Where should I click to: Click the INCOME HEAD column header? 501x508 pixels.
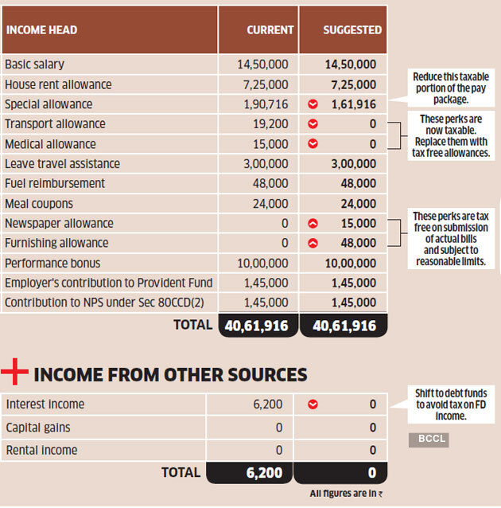pos(41,30)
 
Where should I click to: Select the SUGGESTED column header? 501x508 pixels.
pos(352,30)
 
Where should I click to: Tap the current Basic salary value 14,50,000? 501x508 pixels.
pos(263,64)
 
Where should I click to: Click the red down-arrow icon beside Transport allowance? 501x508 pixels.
pos(313,124)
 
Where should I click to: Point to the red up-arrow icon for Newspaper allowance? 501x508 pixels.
pos(313,224)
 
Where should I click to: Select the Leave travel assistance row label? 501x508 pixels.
pos(62,164)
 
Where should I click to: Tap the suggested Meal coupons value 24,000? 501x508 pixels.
pos(360,204)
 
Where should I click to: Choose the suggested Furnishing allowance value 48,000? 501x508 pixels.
pos(360,244)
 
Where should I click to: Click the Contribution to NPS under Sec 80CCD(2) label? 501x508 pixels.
pos(98,303)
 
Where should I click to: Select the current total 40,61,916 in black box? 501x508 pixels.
pos(258,326)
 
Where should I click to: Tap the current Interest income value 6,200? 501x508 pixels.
pos(268,404)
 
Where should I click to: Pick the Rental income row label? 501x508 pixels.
pos(41,451)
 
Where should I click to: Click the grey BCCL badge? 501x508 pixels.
pos(428,440)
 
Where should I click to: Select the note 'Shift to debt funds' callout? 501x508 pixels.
pos(450,404)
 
